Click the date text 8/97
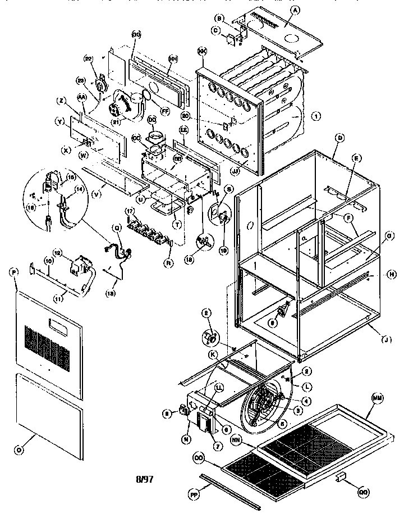click(x=145, y=479)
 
